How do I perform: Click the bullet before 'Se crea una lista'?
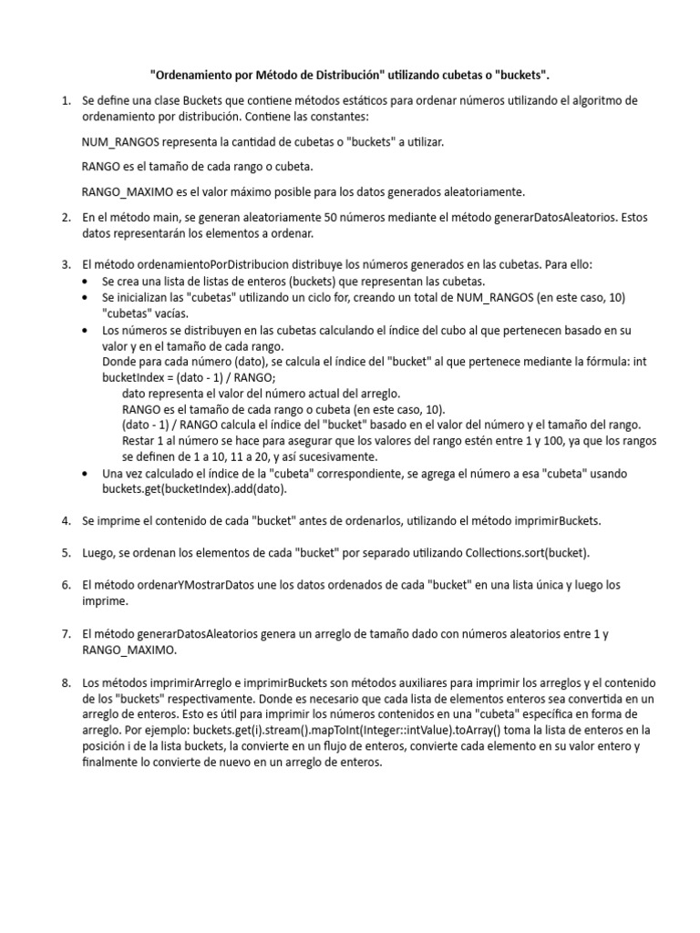pos(86,282)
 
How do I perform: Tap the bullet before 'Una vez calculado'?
pos(86,474)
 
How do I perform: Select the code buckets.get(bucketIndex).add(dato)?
pos(194,489)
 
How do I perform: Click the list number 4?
pos(67,521)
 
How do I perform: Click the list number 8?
pos(67,682)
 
